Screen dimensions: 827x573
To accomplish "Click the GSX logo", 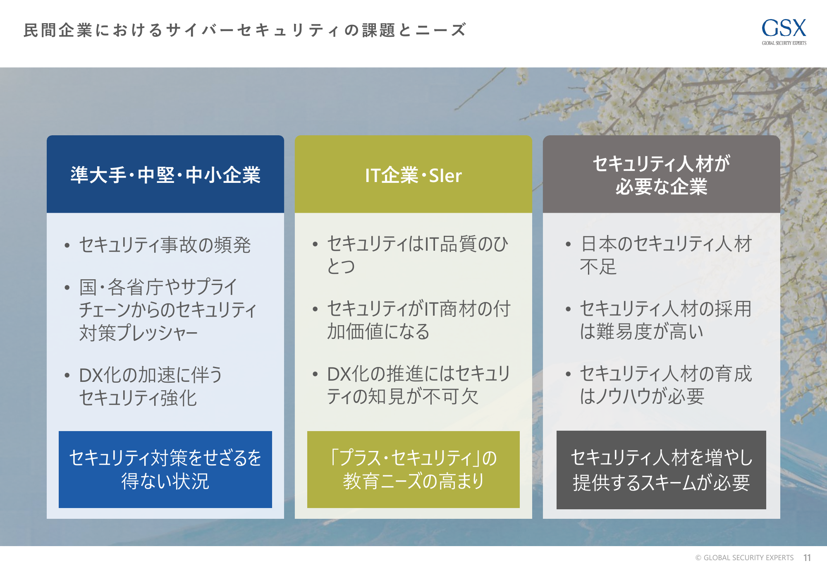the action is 784,31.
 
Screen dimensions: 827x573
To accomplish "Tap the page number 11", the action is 807,558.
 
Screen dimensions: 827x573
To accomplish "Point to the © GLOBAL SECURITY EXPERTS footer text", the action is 744,558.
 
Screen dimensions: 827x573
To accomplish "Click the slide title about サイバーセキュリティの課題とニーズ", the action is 245,30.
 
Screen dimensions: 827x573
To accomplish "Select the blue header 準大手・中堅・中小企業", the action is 165,174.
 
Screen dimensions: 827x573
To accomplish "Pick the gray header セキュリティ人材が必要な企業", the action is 662,174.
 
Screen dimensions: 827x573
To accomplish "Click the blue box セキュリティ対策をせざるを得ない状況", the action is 165,470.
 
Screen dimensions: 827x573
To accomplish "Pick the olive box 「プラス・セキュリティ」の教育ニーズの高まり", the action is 413,470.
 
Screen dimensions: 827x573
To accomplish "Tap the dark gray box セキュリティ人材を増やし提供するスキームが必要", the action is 661,470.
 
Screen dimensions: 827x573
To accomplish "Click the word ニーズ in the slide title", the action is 441,30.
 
